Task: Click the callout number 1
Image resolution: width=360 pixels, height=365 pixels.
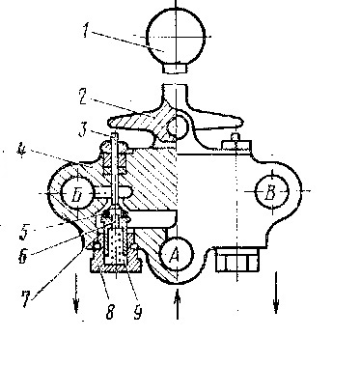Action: tap(86, 31)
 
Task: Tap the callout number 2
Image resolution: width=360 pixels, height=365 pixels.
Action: tap(83, 97)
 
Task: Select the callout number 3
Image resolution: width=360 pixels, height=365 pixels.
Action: tap(83, 130)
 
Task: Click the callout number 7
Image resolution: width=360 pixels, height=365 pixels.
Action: tap(26, 300)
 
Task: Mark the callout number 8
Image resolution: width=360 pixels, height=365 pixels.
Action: tap(110, 312)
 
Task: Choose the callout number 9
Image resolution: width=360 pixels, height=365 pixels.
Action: tap(138, 312)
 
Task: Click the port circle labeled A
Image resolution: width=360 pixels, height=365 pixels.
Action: tap(177, 254)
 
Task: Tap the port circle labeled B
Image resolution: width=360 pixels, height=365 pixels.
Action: tap(272, 191)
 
